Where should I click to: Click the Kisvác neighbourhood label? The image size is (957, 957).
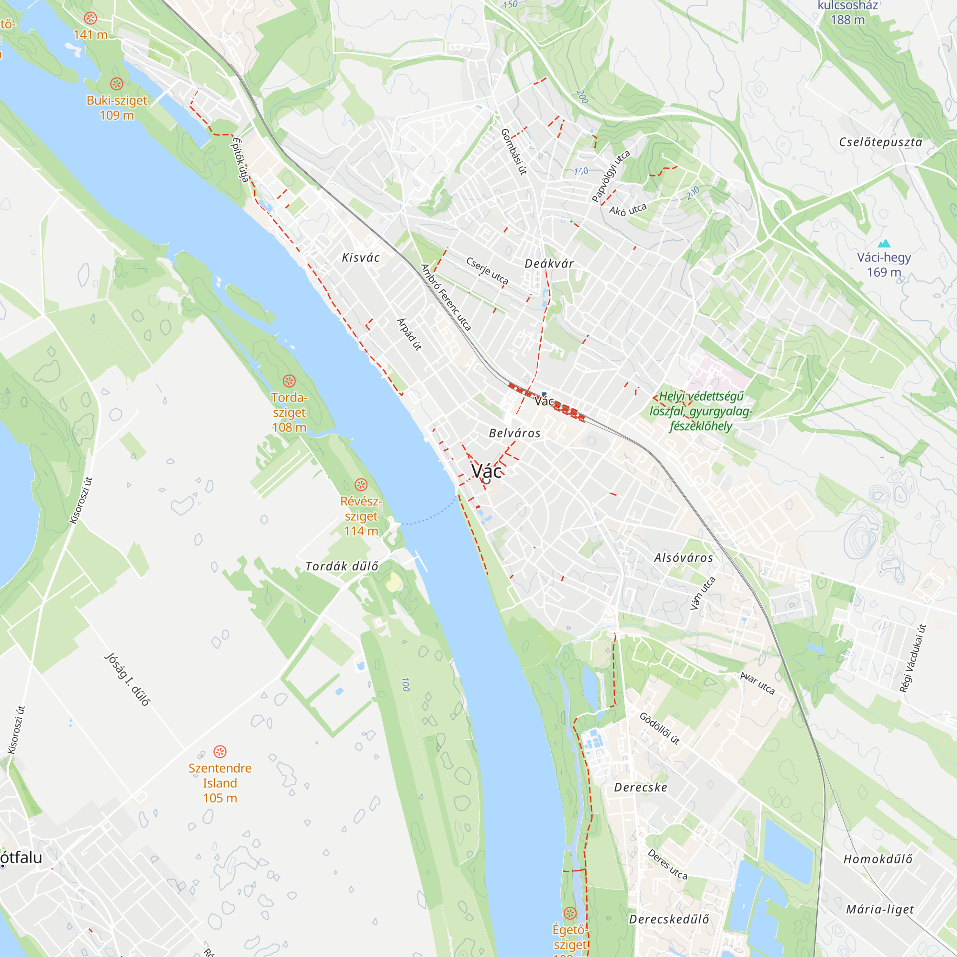[361, 257]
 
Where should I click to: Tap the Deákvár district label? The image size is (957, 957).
[549, 264]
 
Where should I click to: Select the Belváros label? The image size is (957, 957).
[515, 434]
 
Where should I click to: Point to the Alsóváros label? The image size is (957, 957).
[684, 558]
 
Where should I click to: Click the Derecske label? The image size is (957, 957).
[641, 788]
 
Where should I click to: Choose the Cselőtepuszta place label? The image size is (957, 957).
[880, 142]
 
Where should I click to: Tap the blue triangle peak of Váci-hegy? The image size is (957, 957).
[884, 243]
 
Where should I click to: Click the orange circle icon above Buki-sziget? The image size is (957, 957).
[116, 84]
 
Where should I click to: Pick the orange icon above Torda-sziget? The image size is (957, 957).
[289, 381]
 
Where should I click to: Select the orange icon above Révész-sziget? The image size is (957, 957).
[361, 484]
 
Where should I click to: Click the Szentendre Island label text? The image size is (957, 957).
[220, 783]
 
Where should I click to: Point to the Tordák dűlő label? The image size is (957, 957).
[342, 566]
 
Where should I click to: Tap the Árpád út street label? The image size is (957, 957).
[410, 334]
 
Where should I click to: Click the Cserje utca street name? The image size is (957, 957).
[487, 270]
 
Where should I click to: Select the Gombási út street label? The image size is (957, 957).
[513, 152]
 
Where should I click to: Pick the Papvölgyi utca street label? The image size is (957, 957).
[611, 176]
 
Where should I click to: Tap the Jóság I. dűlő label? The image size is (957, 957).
[127, 679]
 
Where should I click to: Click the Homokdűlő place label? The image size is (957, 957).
[878, 859]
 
